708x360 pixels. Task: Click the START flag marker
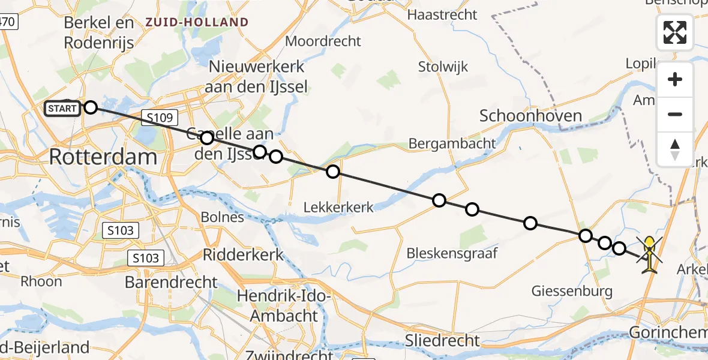62,109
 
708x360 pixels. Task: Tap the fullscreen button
675,32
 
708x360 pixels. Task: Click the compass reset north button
675,149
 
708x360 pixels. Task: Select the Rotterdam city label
103,157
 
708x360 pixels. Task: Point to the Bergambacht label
452,143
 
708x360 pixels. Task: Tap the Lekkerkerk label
338,208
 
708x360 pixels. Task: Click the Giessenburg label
572,292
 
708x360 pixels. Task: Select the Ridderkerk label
243,254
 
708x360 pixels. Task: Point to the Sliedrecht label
443,341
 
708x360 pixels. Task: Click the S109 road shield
158,118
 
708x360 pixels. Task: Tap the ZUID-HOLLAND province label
196,23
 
